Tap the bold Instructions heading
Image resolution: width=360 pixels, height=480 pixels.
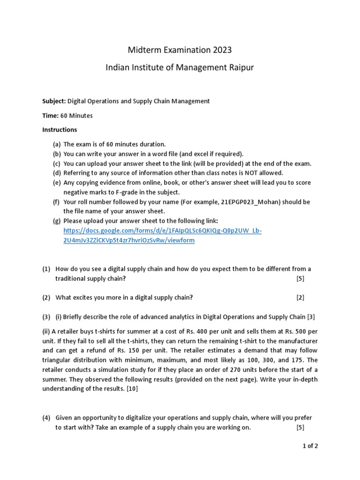60,129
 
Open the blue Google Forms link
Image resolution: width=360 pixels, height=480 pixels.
162,235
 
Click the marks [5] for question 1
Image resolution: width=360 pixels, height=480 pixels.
300,278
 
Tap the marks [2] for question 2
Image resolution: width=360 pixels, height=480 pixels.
300,297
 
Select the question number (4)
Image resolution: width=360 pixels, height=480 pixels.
46,417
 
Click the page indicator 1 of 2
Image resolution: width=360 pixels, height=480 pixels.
310,446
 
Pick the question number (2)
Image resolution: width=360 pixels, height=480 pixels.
46,297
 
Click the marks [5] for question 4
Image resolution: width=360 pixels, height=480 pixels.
300,427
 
